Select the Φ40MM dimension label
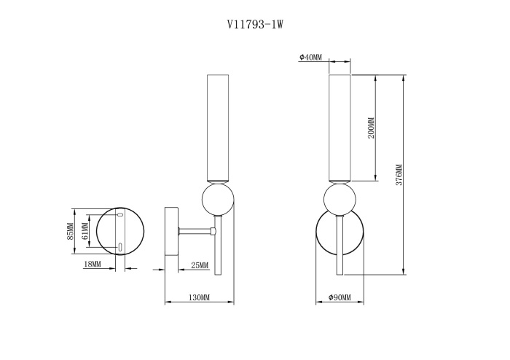[x=310, y=58]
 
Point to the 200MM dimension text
[x=371, y=128]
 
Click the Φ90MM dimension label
[x=340, y=297]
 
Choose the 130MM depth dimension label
[x=199, y=297]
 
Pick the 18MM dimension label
[x=92, y=264]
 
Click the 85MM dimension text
[x=71, y=231]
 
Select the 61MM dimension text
[x=85, y=232]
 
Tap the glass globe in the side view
[x=217, y=200]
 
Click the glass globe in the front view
[x=338, y=200]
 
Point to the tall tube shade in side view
[x=217, y=128]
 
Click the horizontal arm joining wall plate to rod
[x=195, y=232]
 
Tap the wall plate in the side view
[x=172, y=231]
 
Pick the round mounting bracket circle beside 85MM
[x=122, y=231]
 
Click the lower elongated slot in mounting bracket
[x=119, y=246]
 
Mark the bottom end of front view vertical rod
[x=338, y=274]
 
